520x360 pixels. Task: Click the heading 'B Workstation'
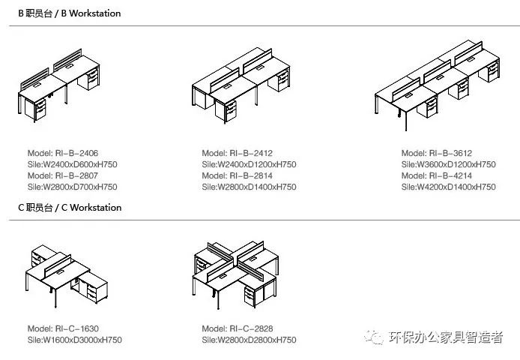(x=70, y=13)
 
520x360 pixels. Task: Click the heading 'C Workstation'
(x=70, y=207)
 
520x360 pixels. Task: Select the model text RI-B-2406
(x=63, y=152)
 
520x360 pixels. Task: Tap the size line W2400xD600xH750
(x=72, y=163)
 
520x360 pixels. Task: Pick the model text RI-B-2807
(x=63, y=175)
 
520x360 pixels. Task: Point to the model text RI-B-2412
(x=237, y=152)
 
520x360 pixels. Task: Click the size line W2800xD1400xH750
(x=249, y=186)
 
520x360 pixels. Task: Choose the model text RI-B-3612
(x=436, y=152)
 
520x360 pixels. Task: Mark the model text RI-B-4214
(x=436, y=175)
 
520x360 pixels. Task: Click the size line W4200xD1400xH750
(x=448, y=186)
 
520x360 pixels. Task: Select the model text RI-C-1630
(x=63, y=328)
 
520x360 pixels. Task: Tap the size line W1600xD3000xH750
(x=74, y=340)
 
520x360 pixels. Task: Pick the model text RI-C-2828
(x=237, y=328)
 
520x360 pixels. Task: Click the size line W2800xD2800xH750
(x=249, y=340)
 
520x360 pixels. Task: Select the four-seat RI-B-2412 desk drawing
(x=241, y=86)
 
